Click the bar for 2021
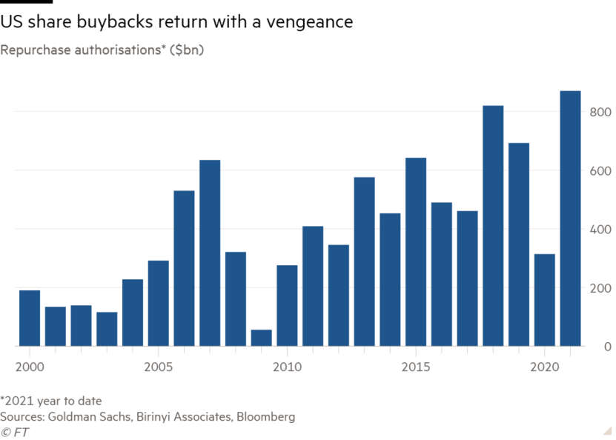[570, 219]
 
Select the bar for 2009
[261, 338]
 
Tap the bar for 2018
[493, 226]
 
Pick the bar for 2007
[210, 253]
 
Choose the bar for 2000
[30, 318]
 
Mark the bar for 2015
[416, 252]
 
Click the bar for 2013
[364, 261]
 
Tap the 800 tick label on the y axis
[600, 112]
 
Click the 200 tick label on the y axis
[600, 287]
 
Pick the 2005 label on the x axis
[157, 366]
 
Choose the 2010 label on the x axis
[286, 366]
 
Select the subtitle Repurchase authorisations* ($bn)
[102, 50]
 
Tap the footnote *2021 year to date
[51, 401]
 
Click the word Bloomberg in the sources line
[266, 416]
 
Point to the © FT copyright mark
[15, 432]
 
